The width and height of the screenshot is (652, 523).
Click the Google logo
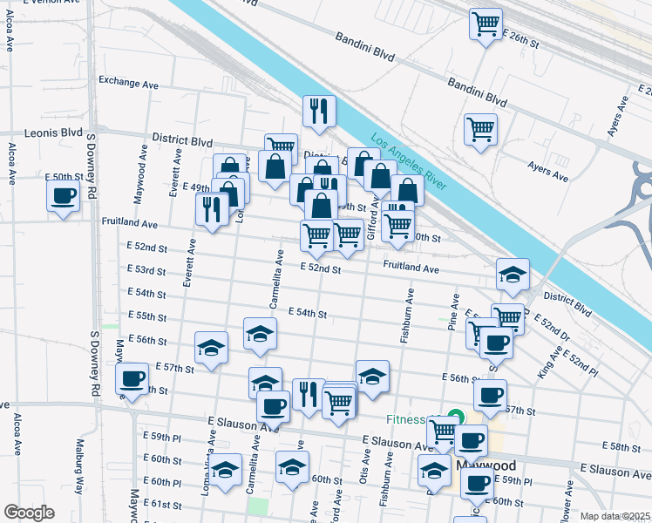click(29, 513)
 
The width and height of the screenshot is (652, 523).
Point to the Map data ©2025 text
click(615, 516)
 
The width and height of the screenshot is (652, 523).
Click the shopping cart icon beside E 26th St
click(486, 23)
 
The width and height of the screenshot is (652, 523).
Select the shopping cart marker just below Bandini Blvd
click(480, 129)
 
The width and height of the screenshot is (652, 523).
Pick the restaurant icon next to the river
click(319, 111)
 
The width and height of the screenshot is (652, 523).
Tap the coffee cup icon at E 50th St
click(63, 196)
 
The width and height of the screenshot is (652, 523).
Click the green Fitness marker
click(453, 418)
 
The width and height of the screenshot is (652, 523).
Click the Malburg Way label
click(79, 477)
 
